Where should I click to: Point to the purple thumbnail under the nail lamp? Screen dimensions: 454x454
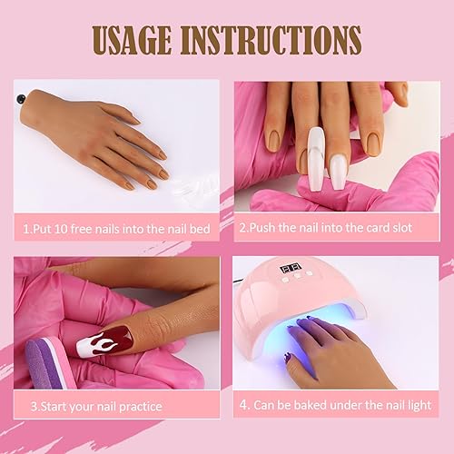tap(289, 357)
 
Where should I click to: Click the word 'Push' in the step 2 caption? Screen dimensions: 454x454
tap(264, 227)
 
